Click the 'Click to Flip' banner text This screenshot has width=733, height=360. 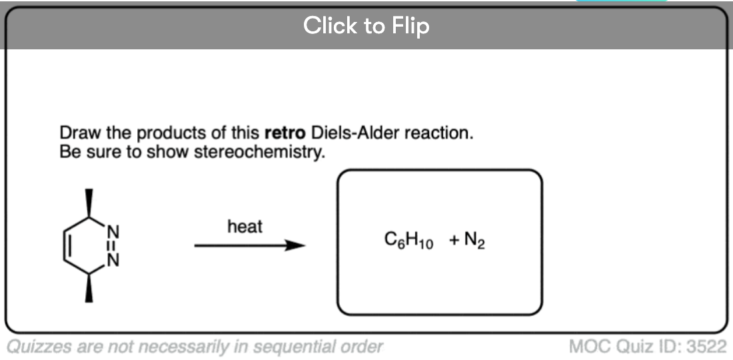[x=366, y=25]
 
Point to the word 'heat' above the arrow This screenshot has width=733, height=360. [x=245, y=227]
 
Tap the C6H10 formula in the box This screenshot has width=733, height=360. [x=408, y=241]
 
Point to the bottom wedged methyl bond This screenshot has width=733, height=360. [x=89, y=290]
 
